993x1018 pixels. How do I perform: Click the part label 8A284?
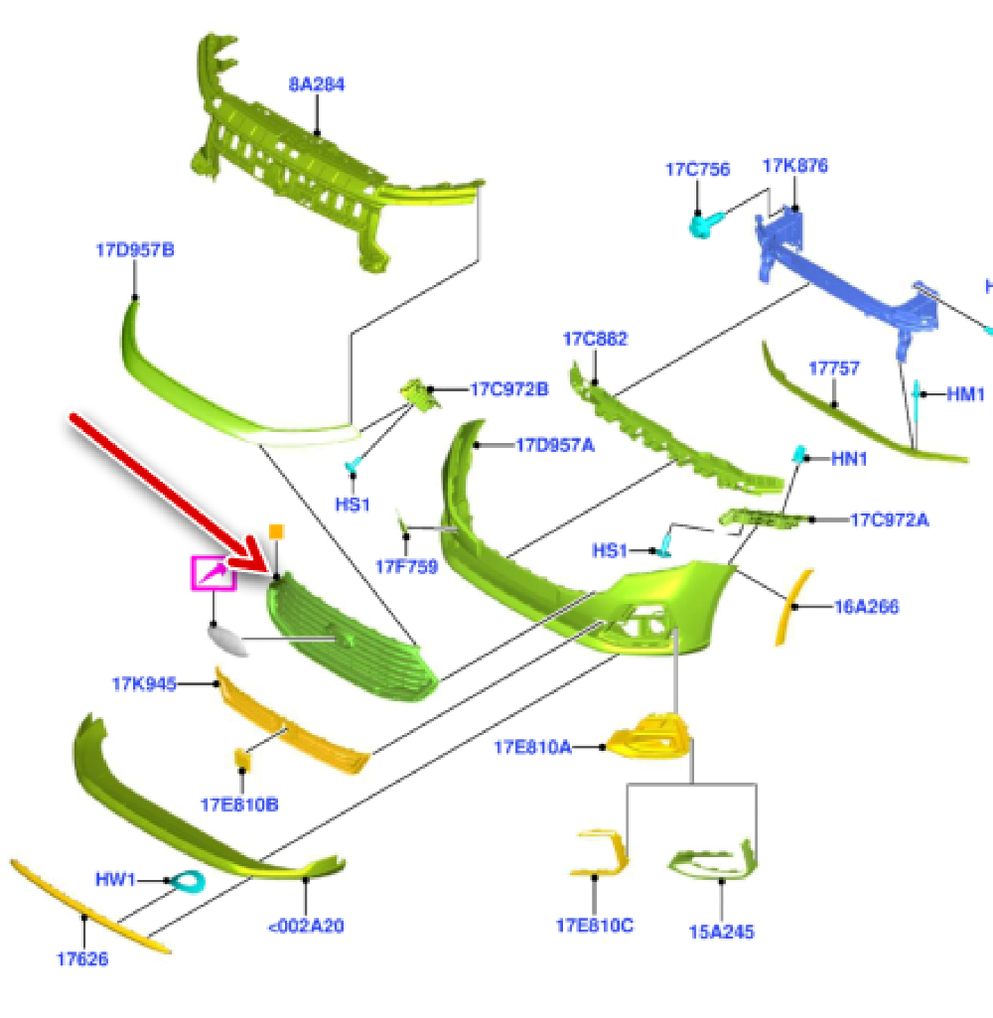[x=317, y=84]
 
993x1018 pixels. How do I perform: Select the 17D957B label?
[x=135, y=250]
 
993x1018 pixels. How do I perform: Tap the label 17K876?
[x=794, y=166]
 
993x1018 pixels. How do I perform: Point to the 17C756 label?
[x=697, y=170]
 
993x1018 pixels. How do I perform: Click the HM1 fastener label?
[x=964, y=394]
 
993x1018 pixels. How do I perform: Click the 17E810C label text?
[x=594, y=926]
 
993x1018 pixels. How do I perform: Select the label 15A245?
[x=721, y=932]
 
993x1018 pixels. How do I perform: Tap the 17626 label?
[x=82, y=958]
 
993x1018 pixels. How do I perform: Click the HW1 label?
[x=115, y=879]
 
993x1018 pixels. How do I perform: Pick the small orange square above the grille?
[x=277, y=532]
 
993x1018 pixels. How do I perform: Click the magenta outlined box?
[x=213, y=573]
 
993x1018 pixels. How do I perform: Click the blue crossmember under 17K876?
[x=844, y=283]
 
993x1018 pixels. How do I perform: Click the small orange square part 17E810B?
[x=241, y=759]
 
